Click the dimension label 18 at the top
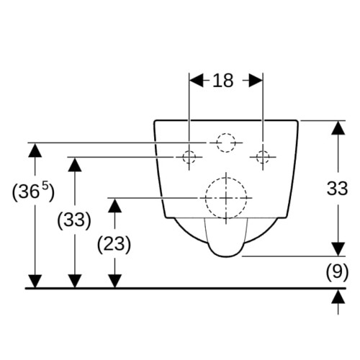click(222, 81)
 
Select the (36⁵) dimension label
click(33, 192)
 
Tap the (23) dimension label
click(114, 244)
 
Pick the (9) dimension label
click(337, 272)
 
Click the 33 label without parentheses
click(337, 189)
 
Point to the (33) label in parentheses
click(74, 220)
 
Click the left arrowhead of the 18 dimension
click(196, 81)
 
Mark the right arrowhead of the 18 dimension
click(256, 81)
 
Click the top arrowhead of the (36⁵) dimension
click(35, 150)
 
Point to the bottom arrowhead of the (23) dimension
click(114, 281)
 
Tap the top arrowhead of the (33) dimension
click(75, 165)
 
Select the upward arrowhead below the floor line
click(338, 297)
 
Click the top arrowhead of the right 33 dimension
click(338, 127)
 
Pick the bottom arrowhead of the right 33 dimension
click(338, 249)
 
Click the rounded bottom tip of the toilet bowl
click(226, 257)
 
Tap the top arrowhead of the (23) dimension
click(114, 206)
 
